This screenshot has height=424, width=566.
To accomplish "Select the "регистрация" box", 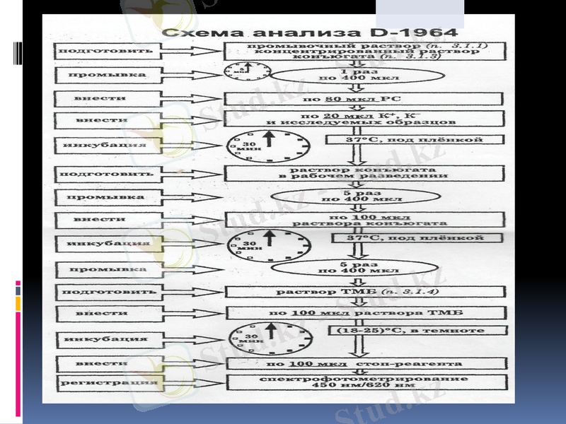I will [x=108, y=383].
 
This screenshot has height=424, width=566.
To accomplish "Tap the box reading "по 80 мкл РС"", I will [x=364, y=99].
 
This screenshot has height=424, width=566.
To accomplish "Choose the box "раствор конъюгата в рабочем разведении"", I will [x=364, y=172].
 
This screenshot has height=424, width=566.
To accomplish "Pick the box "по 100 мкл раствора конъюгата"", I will [x=364, y=220].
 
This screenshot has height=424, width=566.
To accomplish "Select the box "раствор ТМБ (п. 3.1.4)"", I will [x=364, y=292].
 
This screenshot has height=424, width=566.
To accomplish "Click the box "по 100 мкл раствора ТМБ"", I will [x=364, y=313].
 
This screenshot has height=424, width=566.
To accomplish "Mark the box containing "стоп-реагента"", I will [x=364, y=364].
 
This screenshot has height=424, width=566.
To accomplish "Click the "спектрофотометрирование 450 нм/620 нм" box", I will [x=364, y=383].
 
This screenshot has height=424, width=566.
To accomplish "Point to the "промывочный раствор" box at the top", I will [x=364, y=51].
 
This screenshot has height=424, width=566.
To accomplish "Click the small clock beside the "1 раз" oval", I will [x=247, y=71].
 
